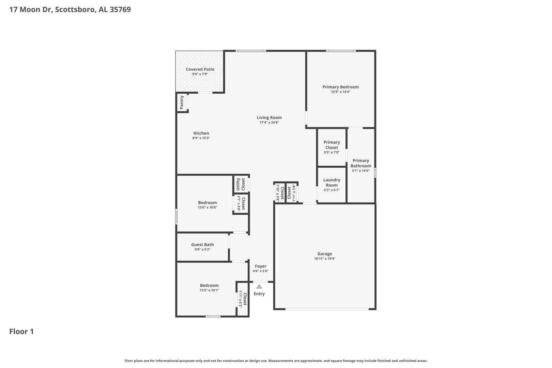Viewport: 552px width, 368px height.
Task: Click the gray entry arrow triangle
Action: tap(259, 287)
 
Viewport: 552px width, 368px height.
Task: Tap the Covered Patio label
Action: tap(200, 69)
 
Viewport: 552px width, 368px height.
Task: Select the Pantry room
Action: tap(182, 102)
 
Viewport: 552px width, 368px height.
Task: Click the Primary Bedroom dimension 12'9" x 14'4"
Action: tap(340, 92)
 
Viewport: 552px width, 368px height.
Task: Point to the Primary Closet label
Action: tap(332, 145)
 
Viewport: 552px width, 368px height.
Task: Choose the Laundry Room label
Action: tap(332, 183)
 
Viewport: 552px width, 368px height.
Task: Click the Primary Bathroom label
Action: tap(361, 163)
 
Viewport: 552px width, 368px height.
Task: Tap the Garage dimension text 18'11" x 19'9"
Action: tap(325, 259)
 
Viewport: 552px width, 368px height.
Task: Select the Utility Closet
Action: tap(241, 184)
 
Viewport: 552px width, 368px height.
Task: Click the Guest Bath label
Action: tap(202, 245)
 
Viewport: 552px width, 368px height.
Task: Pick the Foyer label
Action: tap(260, 266)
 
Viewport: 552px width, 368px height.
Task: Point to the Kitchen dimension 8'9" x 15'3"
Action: tap(201, 138)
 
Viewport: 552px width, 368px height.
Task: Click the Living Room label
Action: tap(269, 118)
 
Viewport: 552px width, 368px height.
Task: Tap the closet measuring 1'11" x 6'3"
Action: tap(243, 299)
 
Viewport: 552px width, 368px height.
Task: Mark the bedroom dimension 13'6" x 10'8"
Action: tap(208, 208)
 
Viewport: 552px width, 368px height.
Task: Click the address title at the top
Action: tap(70, 10)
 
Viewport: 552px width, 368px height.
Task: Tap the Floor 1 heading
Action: tap(21, 332)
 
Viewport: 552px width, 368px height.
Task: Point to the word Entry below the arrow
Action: tap(259, 294)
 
